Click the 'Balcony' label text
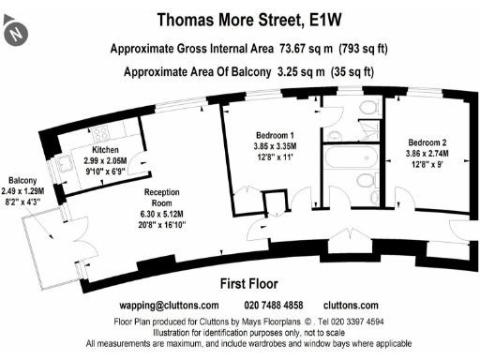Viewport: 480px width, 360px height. click(x=22, y=179)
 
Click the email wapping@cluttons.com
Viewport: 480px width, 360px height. click(x=170, y=306)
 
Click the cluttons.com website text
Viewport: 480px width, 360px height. click(x=351, y=306)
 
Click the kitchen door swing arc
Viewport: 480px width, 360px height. click(x=137, y=170)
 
